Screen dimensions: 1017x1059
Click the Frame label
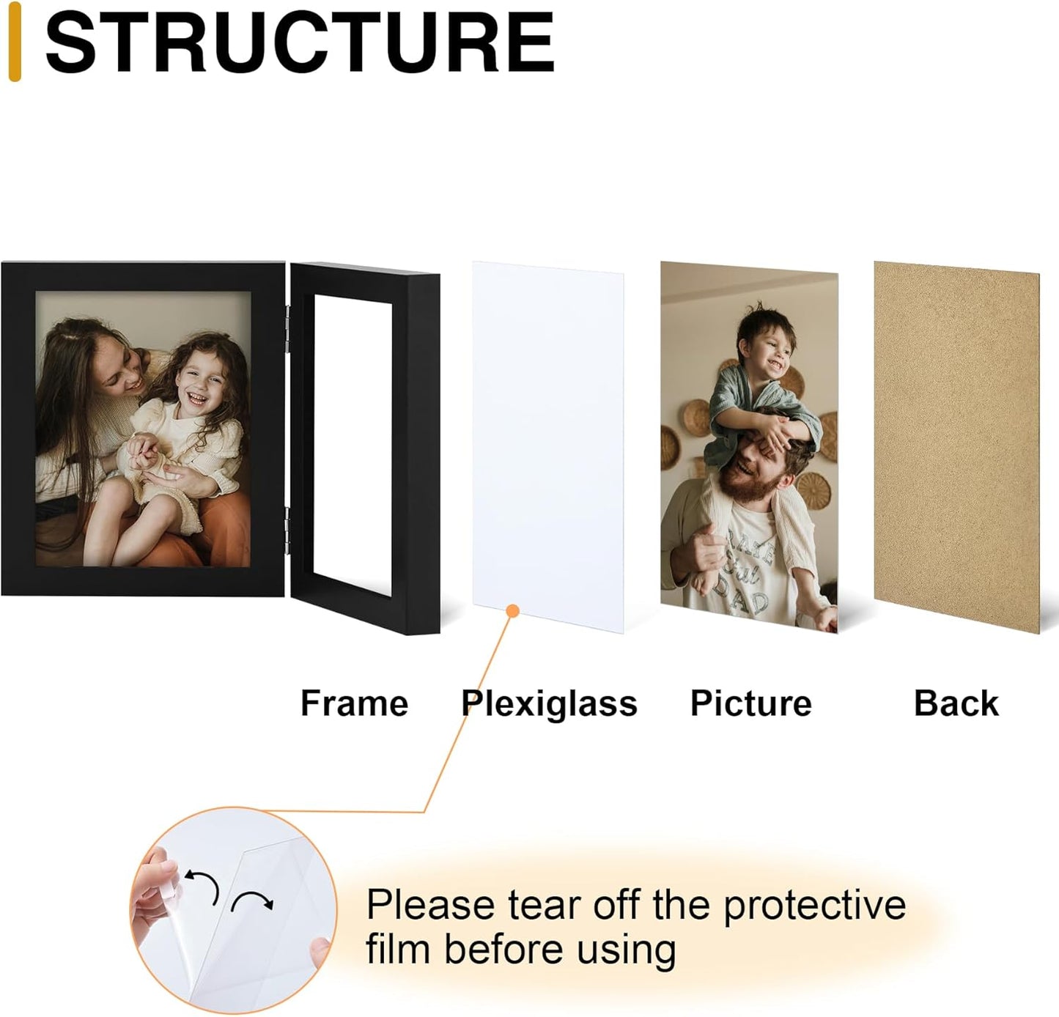[x=354, y=703]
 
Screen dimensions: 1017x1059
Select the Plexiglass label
[x=549, y=703]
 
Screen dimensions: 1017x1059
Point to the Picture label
[x=750, y=703]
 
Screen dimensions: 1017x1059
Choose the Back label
[x=956, y=703]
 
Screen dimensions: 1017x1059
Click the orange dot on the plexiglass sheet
[x=513, y=610]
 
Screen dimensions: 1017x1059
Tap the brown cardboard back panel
[x=956, y=447]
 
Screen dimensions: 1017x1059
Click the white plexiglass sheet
[x=548, y=440]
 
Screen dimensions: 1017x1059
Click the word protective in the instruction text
[x=814, y=906]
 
